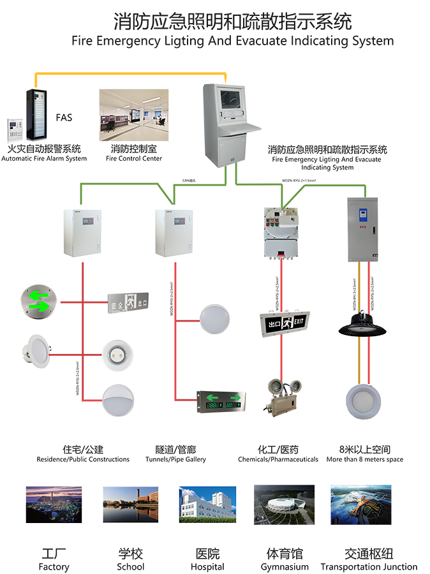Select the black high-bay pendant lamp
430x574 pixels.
[x=362, y=323]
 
